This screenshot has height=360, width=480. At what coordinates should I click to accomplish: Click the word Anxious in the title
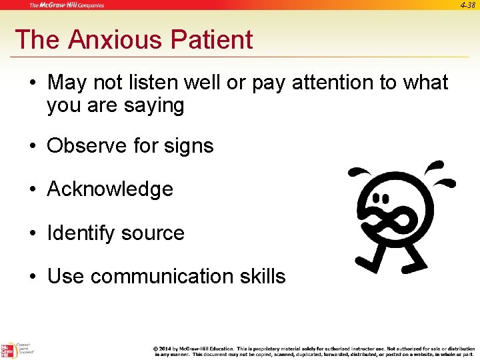pos(114,40)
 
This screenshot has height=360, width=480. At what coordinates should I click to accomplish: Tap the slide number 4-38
pos(467,5)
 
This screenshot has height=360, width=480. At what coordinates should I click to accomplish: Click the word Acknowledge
pos(110,189)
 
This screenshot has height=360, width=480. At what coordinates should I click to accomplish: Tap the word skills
pos(262,276)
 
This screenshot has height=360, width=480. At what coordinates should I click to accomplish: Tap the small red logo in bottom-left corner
pos(8,349)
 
